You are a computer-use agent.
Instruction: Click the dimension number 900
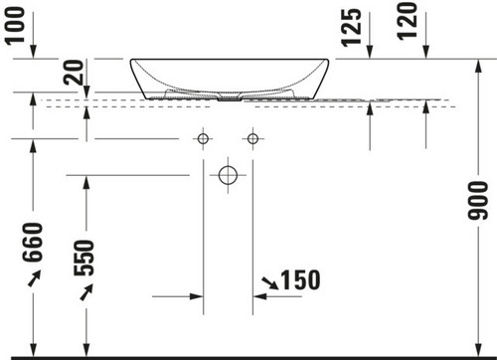tap(478, 201)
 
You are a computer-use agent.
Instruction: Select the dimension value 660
tap(33, 243)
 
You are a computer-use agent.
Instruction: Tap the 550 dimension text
tap(84, 258)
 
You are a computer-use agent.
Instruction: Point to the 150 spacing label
tap(301, 280)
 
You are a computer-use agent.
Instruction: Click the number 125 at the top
tap(351, 27)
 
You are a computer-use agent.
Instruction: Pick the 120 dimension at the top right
tap(407, 22)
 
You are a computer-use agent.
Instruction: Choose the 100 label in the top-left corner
tap(15, 25)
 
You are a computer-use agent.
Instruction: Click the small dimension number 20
tap(74, 73)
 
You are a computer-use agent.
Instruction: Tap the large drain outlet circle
tap(228, 175)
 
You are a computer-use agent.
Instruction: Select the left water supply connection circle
tap(203, 138)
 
